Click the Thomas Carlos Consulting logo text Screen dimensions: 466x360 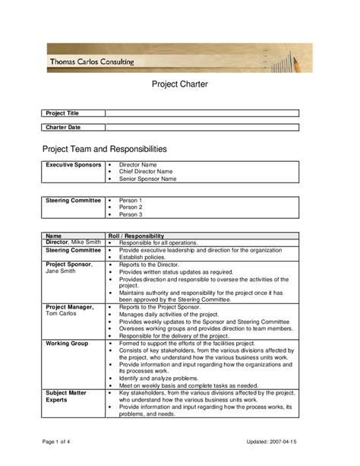92,62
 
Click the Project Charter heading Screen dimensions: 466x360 180,84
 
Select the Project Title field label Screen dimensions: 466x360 62,113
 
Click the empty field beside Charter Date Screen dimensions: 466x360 202,128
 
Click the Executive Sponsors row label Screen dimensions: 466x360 73,164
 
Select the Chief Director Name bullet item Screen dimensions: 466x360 151,172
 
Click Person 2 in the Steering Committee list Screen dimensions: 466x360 130,208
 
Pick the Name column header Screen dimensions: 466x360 53,236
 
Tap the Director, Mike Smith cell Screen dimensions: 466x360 73,243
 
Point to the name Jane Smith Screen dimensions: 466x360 61,271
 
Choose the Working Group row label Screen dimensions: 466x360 67,344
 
